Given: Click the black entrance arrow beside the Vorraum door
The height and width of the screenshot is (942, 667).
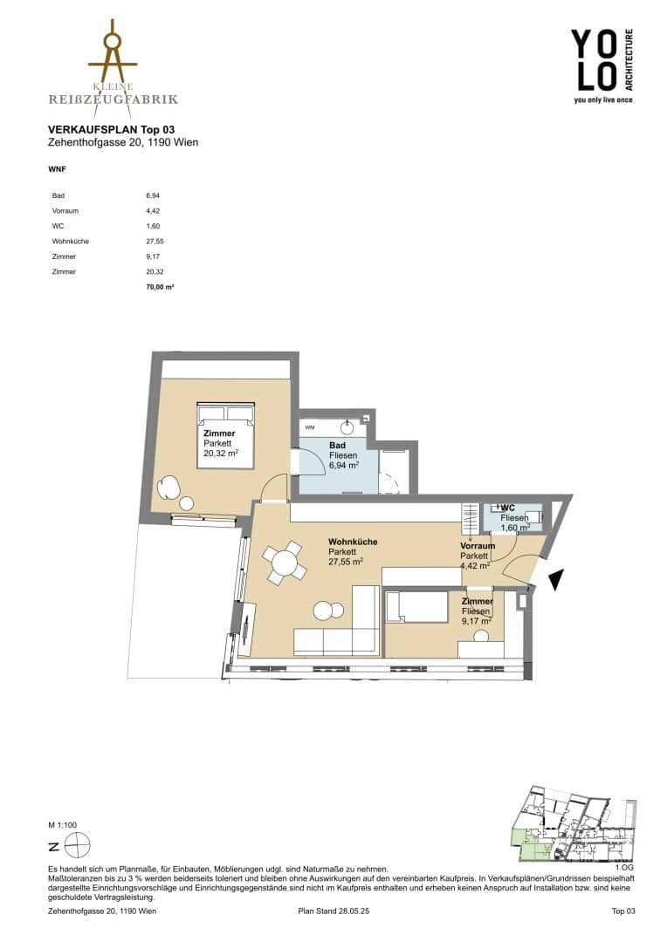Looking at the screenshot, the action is (x=556, y=579).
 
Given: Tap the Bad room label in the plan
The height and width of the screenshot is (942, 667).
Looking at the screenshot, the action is (x=337, y=445).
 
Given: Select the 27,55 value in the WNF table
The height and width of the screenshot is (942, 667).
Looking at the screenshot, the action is (x=155, y=242).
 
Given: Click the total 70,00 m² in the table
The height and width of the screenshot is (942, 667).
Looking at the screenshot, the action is (x=160, y=287).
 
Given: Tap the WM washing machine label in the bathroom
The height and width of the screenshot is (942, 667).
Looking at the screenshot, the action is (x=310, y=427).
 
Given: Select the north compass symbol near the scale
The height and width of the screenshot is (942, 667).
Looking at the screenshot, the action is (x=79, y=846).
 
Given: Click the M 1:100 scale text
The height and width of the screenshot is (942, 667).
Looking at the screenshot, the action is (x=63, y=825).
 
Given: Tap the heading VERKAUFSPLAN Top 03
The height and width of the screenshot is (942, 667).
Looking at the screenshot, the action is (x=111, y=130).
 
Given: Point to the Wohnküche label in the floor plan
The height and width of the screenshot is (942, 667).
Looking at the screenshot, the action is (x=353, y=542).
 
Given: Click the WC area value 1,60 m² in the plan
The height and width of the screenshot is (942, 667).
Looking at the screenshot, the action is (x=515, y=528).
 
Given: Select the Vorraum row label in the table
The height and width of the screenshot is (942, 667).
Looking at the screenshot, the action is (x=65, y=211).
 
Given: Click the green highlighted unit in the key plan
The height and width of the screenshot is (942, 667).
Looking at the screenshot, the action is (x=532, y=843).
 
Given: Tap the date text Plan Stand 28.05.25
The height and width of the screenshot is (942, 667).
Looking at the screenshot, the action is (x=333, y=911).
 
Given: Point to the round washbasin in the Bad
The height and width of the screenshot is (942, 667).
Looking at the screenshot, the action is (x=347, y=427).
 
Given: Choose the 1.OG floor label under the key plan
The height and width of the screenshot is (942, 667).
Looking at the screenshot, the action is (x=623, y=868).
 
